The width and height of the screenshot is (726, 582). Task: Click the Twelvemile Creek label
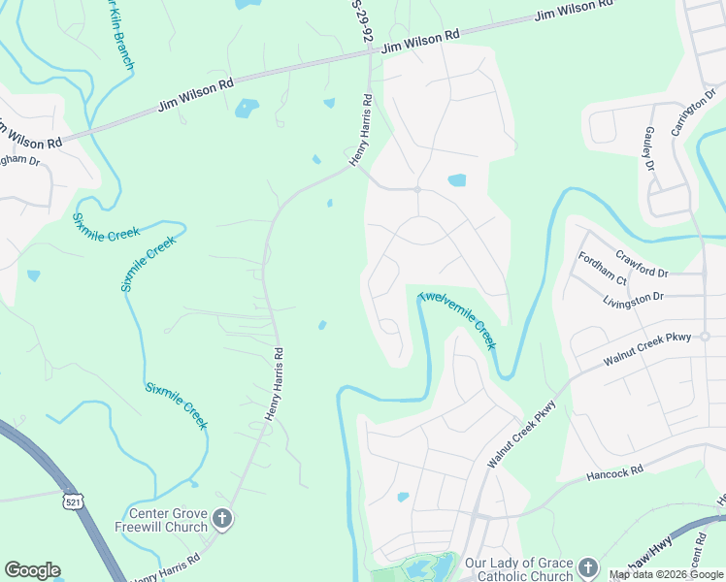pos(457,320)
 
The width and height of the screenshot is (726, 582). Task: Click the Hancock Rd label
pos(615,474)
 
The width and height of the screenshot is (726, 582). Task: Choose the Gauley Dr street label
pos(648,148)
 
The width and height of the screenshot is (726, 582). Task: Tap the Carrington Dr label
pos(696,96)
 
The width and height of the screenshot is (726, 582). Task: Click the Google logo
pos(32,570)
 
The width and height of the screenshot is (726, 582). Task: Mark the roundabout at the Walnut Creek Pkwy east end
pos(706,337)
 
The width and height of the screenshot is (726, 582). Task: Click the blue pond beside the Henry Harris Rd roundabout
pos(456,180)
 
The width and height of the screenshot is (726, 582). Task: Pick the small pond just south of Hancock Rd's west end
pos(403,497)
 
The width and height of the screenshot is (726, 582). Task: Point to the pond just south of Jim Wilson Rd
pos(247,108)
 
